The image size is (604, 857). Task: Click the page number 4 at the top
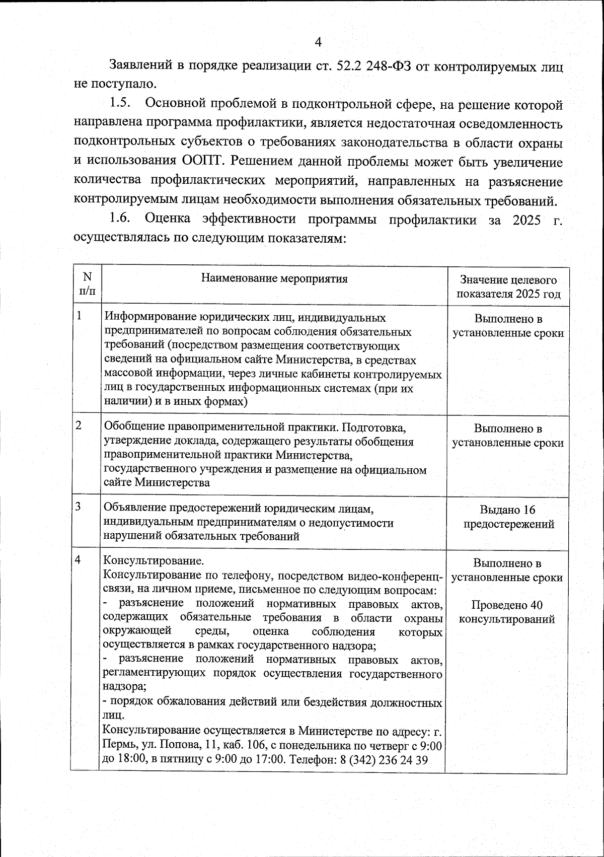[318, 42]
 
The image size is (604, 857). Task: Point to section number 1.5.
[120, 104]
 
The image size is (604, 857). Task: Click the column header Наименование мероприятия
[274, 278]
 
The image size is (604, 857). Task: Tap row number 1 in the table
[80, 316]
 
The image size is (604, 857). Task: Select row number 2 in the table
[79, 425]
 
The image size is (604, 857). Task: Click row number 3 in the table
[79, 506]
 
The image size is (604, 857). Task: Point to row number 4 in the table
[79, 560]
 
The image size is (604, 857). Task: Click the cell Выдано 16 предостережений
[508, 517]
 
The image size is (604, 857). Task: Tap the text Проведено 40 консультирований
[507, 612]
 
